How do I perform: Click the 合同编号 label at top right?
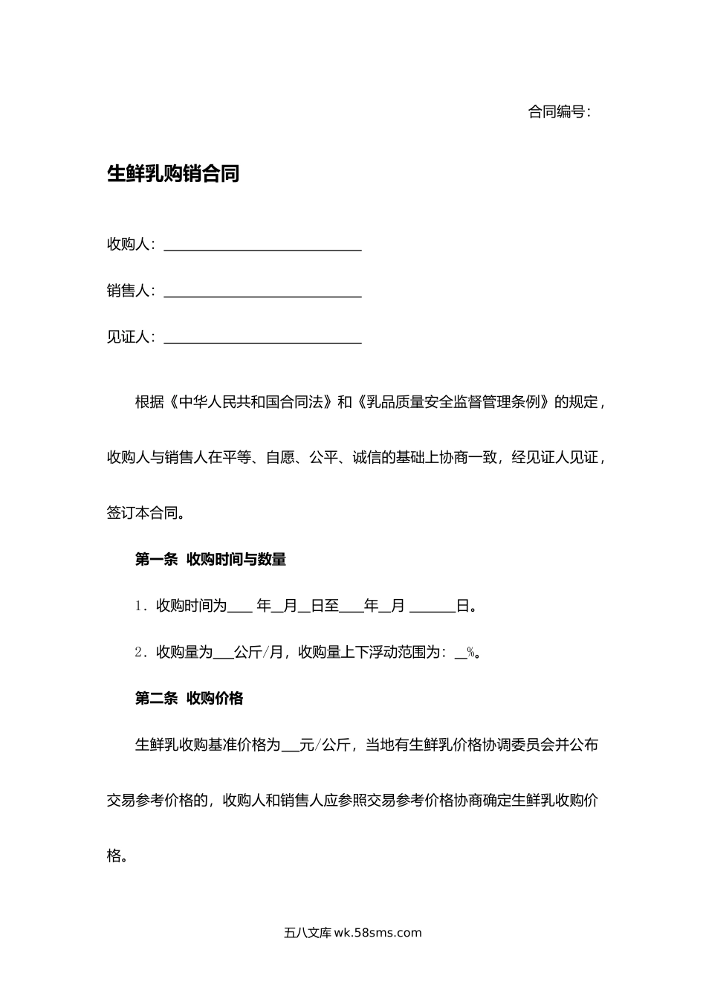[559, 112]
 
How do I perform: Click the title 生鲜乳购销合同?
[174, 174]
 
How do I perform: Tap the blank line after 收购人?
[262, 245]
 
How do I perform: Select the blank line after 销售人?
[262, 291]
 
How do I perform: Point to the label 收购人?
[129, 245]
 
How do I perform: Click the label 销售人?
[129, 291]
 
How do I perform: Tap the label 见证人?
[129, 337]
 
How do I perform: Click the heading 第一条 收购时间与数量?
[210, 560]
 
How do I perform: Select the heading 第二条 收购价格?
[189, 698]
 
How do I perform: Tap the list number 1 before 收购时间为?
[139, 607]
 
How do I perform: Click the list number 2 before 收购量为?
[139, 653]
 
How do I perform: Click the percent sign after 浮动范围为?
[470, 653]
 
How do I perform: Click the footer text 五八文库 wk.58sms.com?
[352, 933]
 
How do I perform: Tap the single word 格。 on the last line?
[117, 856]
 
